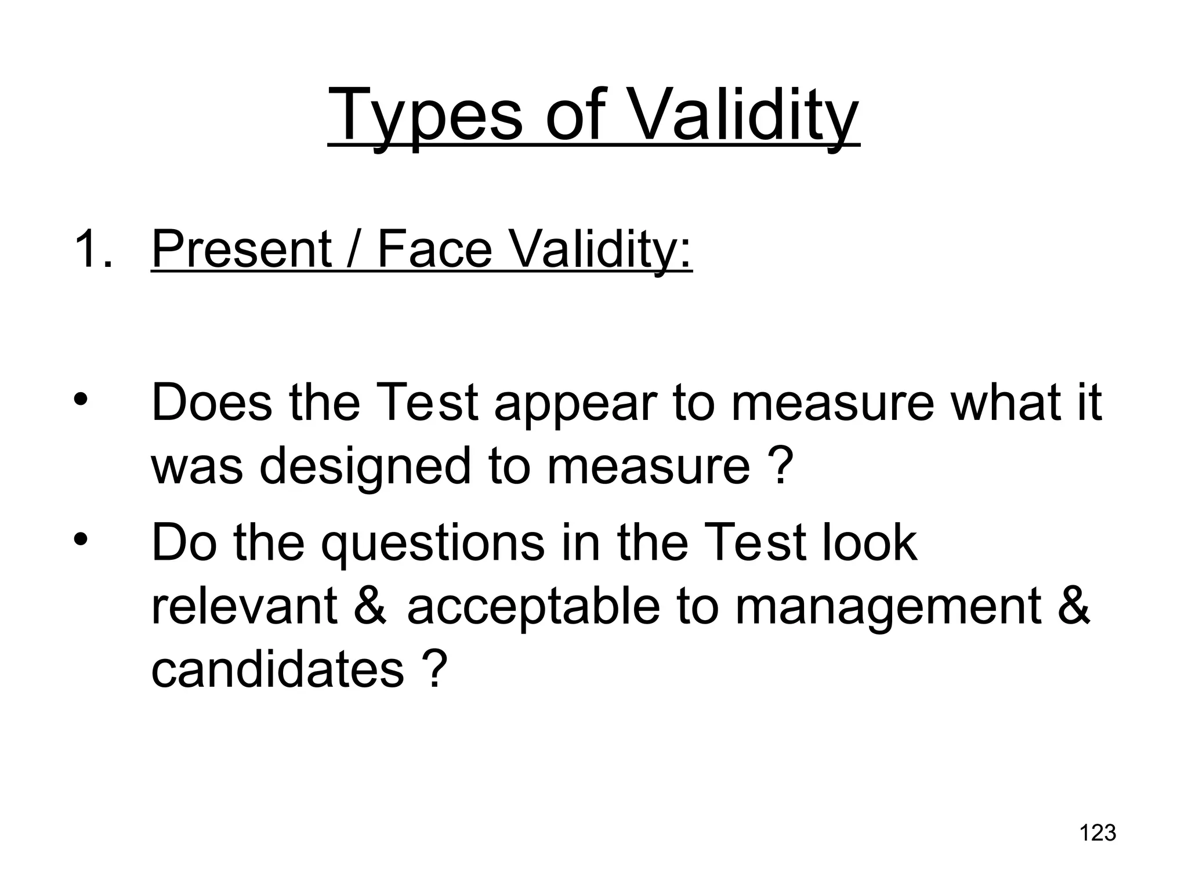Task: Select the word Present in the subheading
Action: [241, 249]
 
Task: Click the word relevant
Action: [244, 606]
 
